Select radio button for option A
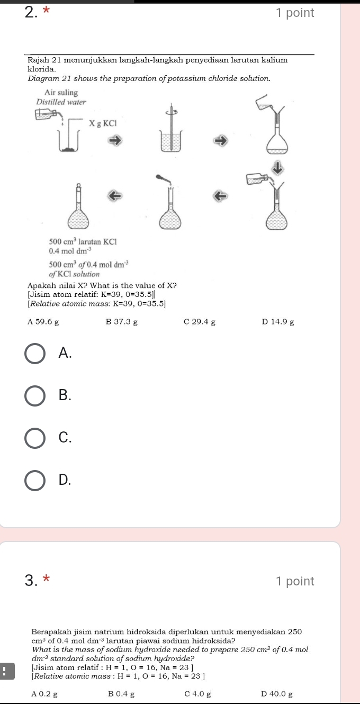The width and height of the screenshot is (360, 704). (35, 354)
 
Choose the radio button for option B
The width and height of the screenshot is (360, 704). (35, 395)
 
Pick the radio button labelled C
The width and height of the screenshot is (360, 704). (35, 438)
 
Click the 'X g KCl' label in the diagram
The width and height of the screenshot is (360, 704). (102, 123)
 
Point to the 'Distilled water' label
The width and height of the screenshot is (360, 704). (60, 101)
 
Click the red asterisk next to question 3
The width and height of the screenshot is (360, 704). (46, 581)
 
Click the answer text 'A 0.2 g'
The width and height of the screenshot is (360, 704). (45, 693)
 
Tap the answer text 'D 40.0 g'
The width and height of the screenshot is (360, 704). (278, 693)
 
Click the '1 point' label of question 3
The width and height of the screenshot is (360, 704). (295, 581)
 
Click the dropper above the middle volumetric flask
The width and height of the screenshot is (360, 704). (164, 179)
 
